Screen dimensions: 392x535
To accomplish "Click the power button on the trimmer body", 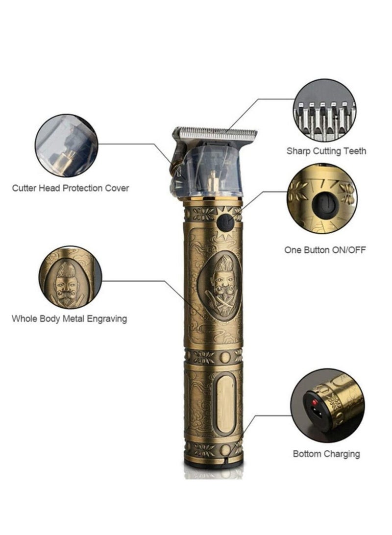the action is [x=225, y=222].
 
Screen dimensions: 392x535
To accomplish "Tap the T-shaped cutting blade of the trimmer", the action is [x=215, y=134].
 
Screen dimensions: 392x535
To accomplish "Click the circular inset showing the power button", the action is [x=322, y=198].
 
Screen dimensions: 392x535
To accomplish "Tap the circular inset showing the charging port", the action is [x=327, y=406].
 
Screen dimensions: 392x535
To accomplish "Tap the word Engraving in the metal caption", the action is [x=107, y=319].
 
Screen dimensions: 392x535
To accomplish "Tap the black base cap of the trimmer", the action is [x=214, y=464].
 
